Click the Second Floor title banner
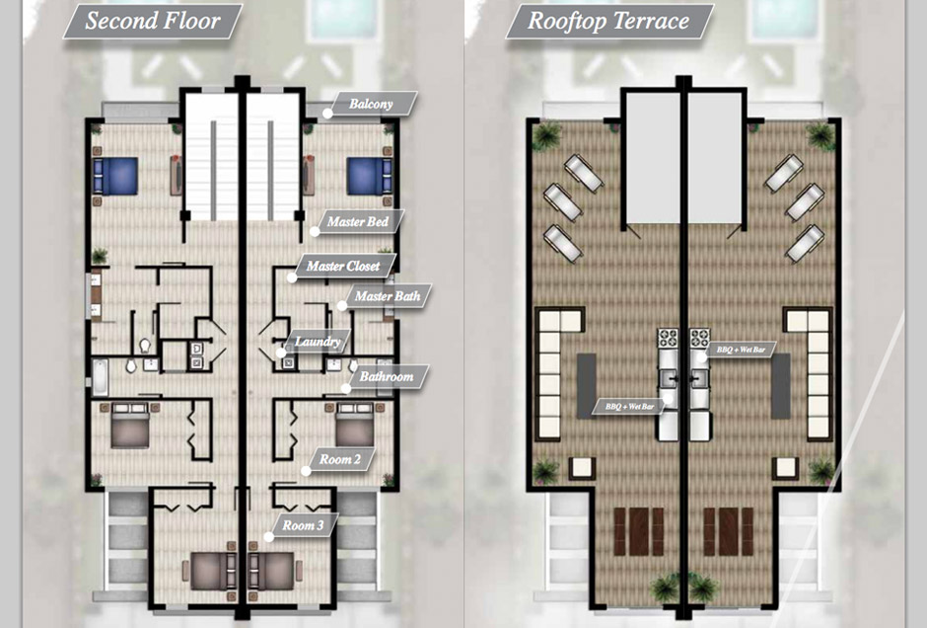pos(153,22)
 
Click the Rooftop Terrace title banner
pos(608,22)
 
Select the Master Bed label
pos(358,222)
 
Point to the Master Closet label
pos(343,267)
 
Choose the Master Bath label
pos(388,296)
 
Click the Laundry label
pos(318,342)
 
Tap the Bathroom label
pos(387,376)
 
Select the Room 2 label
pos(340,459)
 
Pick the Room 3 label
pos(304,525)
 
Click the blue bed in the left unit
pos(116,176)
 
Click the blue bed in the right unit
pos(369,176)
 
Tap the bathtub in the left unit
pos(100,377)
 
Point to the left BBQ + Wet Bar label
pos(630,407)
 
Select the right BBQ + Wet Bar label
pos(742,350)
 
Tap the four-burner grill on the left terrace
pos(668,338)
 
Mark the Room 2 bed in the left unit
pos(130,425)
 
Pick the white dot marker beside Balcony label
pos(327,113)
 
